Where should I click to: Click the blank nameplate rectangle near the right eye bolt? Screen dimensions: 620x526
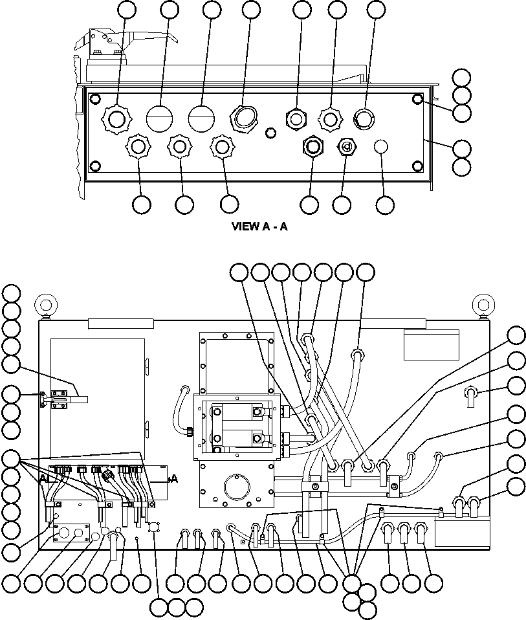point(431,344)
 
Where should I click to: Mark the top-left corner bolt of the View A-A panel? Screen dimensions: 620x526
point(95,99)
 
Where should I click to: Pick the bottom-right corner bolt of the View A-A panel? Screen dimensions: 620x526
point(417,166)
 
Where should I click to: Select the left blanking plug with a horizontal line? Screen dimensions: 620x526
point(159,118)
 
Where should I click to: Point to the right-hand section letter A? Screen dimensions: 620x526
point(173,479)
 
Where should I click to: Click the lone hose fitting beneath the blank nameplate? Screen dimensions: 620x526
point(471,394)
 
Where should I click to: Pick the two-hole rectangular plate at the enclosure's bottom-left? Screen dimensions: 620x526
point(71,533)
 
